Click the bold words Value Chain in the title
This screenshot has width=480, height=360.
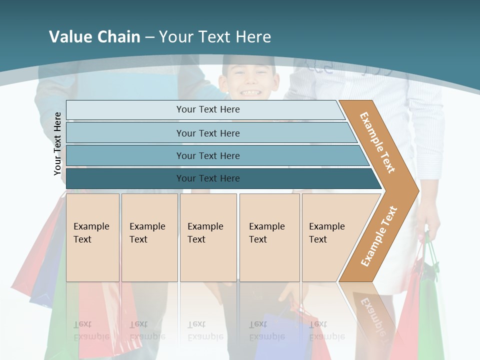tap(94, 37)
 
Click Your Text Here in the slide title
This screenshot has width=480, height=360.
tap(215, 37)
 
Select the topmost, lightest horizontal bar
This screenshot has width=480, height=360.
tap(207, 109)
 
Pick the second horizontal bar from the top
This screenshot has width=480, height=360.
tap(207, 133)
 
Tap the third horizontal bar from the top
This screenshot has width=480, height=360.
tap(207, 155)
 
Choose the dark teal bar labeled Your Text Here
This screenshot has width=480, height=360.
tap(207, 178)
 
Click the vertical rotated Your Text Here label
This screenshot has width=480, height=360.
tap(57, 144)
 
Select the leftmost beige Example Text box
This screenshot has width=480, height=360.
tap(92, 237)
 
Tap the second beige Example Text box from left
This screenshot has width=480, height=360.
tap(149, 237)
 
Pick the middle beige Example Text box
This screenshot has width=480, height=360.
tap(208, 237)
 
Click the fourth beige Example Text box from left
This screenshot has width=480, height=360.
tap(269, 237)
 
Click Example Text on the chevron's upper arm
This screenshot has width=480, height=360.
tap(377, 142)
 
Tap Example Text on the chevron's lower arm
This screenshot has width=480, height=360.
tap(379, 236)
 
